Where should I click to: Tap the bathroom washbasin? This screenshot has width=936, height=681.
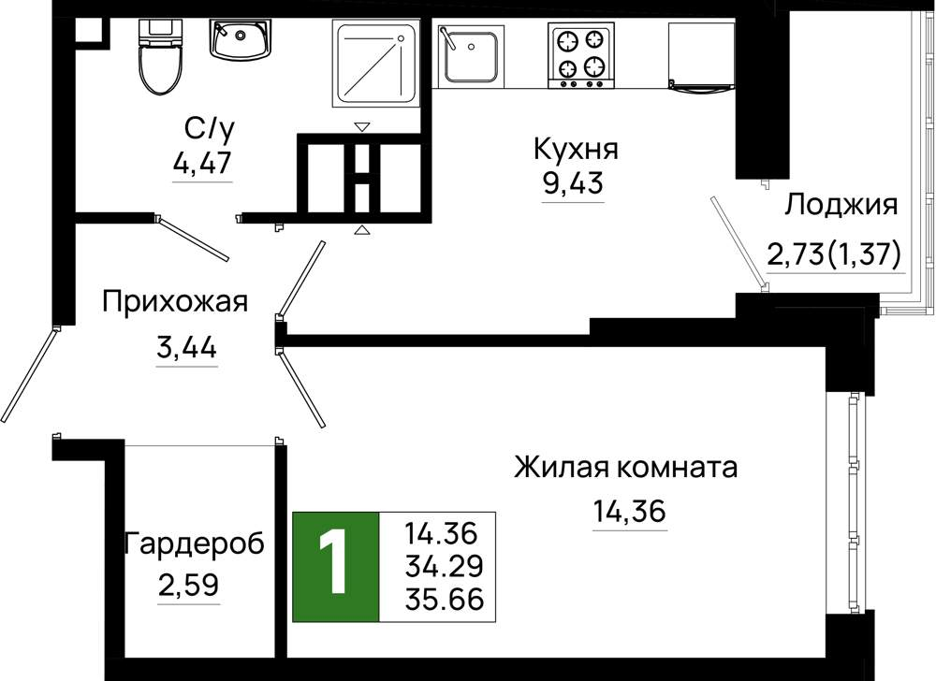240,39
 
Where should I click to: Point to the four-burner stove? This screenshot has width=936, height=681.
581,56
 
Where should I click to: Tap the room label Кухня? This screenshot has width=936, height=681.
576,149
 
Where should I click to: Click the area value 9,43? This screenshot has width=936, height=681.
573,183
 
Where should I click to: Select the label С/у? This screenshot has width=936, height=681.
209,129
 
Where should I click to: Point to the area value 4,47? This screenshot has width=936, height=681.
202,162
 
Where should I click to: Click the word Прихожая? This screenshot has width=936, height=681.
175,302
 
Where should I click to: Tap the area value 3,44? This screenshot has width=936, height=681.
187,347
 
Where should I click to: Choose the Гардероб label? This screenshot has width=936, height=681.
194,543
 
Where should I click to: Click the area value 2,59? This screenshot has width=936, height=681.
189,585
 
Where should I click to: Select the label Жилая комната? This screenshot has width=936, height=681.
625,468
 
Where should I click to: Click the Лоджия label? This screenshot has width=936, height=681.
841,206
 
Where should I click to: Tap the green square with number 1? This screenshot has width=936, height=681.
335,567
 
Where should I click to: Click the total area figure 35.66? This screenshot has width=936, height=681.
444,600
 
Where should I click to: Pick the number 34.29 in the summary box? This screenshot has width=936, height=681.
444,566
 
